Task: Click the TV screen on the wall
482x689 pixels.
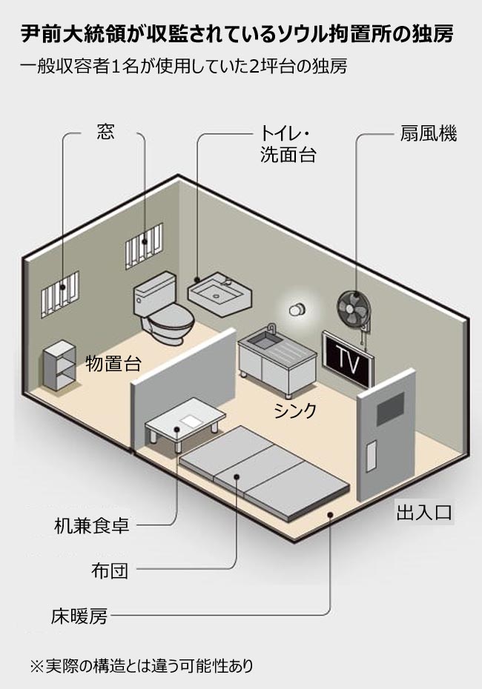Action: [348, 358]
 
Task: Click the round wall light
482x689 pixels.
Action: [297, 310]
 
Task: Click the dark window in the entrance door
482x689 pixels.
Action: [392, 409]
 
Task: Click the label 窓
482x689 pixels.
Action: [106, 133]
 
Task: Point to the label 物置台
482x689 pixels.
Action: [113, 364]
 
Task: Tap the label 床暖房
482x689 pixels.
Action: [79, 615]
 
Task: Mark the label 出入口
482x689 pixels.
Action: [424, 513]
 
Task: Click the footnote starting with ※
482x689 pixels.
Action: [141, 665]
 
